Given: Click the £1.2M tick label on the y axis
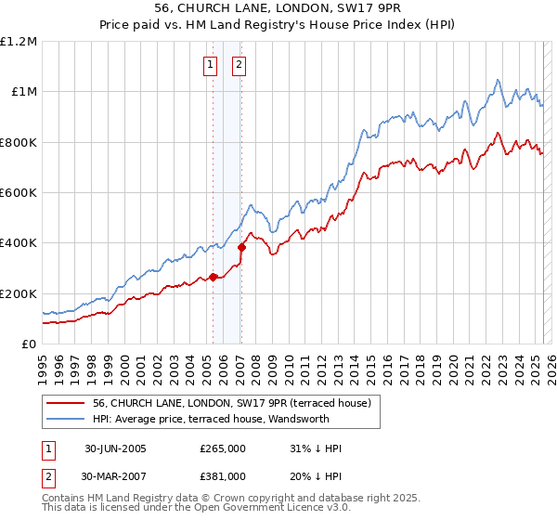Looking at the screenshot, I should (x=19, y=42).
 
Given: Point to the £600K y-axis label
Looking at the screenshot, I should (x=19, y=193).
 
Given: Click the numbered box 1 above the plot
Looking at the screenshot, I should (x=211, y=65).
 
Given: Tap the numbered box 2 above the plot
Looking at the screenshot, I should (x=239, y=65).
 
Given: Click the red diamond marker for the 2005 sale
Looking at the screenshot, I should (x=214, y=277).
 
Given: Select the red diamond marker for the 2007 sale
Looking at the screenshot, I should (x=241, y=248).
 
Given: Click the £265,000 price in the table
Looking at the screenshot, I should (x=223, y=448).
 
